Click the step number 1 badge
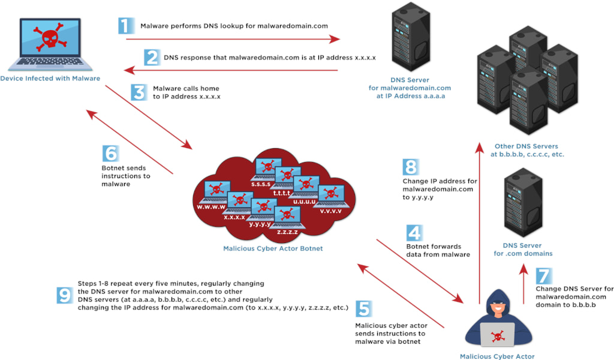coord(124,26)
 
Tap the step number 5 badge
coord(363,308)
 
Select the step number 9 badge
coord(64,295)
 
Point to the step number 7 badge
coord(543,276)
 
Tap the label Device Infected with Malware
coord(50,79)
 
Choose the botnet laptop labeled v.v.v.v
coord(330,196)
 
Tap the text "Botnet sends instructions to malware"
coord(126,176)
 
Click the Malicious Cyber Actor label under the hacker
coord(497,356)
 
